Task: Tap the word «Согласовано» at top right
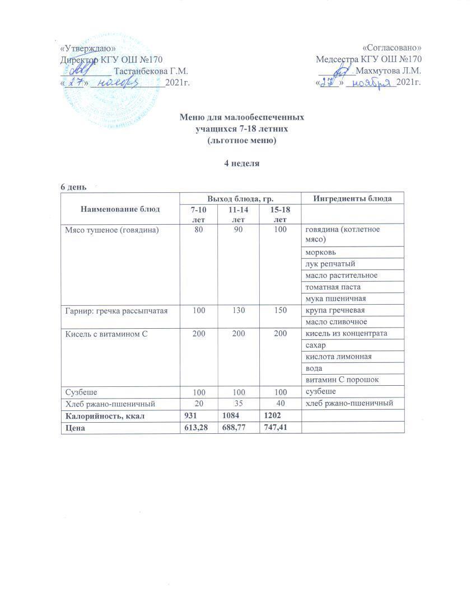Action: click(391, 48)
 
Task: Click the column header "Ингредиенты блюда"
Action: click(352, 198)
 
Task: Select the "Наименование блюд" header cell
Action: click(120, 209)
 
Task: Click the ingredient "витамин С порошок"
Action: click(342, 380)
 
